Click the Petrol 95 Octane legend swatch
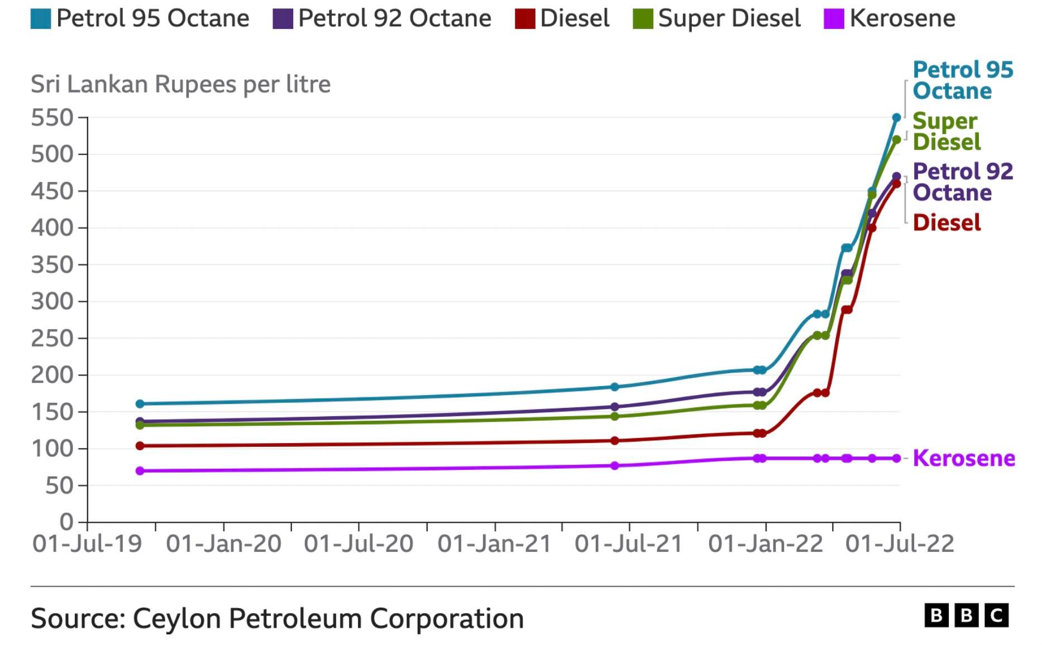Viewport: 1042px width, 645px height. (x=40, y=18)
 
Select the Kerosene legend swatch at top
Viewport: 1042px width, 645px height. (x=834, y=18)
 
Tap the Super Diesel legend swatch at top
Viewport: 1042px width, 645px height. (x=643, y=18)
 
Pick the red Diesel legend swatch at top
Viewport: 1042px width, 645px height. (x=525, y=18)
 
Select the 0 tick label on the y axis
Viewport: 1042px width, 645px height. (x=66, y=522)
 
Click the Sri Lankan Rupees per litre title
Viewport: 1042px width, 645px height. (x=180, y=84)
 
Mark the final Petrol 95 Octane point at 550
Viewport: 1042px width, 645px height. (x=896, y=118)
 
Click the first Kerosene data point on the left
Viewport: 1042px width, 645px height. (x=140, y=471)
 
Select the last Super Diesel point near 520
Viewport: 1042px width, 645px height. (x=896, y=139)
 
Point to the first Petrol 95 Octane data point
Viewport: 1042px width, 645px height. (x=140, y=403)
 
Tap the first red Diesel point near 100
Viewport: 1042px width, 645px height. (x=140, y=446)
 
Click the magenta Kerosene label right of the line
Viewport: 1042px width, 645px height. (x=963, y=458)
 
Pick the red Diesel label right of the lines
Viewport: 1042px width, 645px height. (x=947, y=223)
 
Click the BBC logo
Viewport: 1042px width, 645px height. (x=966, y=615)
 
